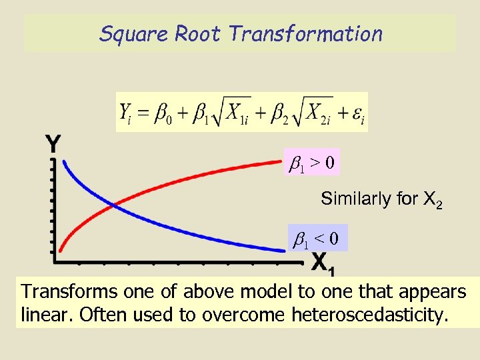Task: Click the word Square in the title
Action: (134, 34)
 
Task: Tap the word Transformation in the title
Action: (305, 34)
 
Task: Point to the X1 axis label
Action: (323, 263)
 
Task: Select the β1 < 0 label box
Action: (317, 237)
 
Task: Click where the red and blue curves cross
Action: (115, 205)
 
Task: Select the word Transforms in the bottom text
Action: (63, 292)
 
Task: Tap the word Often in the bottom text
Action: (99, 315)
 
